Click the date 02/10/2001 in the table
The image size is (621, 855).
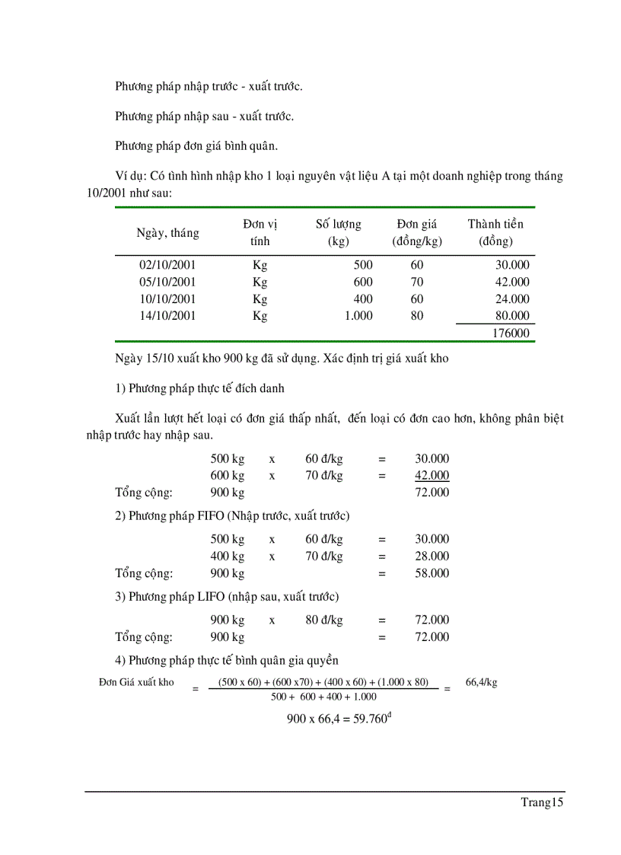click(x=167, y=265)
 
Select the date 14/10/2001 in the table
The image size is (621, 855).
click(x=167, y=315)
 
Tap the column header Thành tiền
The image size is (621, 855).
click(x=495, y=224)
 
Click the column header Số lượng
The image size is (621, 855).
click(x=339, y=224)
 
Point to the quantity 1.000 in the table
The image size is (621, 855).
click(x=358, y=315)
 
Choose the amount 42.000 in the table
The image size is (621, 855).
click(x=511, y=282)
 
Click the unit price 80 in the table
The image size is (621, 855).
click(x=417, y=315)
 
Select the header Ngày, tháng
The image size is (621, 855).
click(x=167, y=233)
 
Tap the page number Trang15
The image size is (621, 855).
click(x=542, y=802)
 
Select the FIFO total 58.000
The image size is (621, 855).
click(x=432, y=573)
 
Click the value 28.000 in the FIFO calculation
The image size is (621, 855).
click(x=432, y=557)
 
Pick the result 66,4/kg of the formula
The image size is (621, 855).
click(x=481, y=682)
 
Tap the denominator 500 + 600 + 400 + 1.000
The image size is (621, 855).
click(x=323, y=697)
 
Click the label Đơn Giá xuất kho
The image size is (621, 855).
click(x=136, y=682)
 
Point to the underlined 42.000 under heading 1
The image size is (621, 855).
click(x=432, y=476)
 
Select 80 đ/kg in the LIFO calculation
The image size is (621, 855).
click(x=324, y=621)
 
